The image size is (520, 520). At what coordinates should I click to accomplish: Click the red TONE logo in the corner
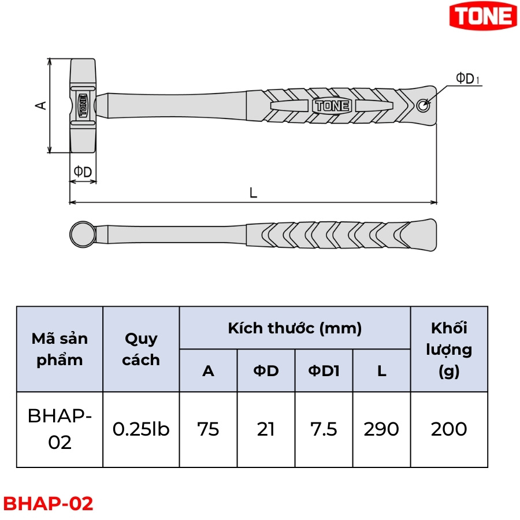coord(482,16)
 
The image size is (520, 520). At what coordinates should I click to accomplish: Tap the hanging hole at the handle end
coord(423,106)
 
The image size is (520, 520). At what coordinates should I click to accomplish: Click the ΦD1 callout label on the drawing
coord(467,78)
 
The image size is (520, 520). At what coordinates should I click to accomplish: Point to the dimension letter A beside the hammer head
coord(41,106)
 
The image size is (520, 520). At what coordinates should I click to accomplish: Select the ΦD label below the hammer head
coord(83,172)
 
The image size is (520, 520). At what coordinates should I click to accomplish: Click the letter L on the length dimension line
coord(253,192)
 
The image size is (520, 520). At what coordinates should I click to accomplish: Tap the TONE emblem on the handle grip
coord(332,106)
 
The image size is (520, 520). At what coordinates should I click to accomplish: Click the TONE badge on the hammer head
coord(83,106)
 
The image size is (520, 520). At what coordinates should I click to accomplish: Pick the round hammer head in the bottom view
coord(83,234)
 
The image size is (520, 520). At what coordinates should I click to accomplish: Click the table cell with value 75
coord(208,429)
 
